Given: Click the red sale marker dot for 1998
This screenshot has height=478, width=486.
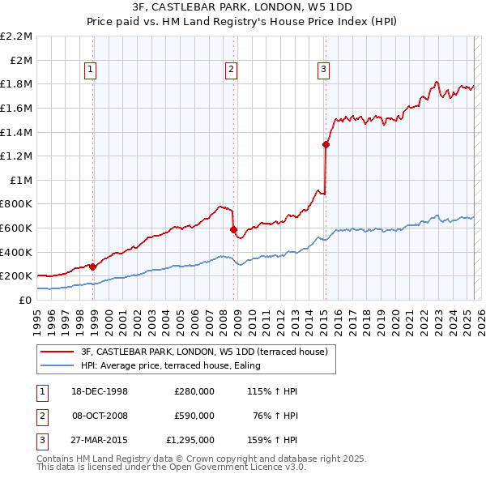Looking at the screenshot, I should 93,266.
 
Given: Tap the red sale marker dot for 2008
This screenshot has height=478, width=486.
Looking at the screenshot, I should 233,229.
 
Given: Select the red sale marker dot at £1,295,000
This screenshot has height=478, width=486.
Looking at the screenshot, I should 326,145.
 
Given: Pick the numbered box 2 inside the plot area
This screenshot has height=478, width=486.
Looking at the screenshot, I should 231,70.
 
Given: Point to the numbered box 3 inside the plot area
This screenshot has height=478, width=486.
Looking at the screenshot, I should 323,70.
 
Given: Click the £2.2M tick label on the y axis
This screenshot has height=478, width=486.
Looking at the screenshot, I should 16,36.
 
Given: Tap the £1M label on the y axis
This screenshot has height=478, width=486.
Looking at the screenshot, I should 22,180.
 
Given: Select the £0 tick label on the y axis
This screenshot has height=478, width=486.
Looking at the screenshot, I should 26,300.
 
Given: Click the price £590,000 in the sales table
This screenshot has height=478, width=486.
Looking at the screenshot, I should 194,416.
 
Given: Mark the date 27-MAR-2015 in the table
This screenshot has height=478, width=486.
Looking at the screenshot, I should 100,441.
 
